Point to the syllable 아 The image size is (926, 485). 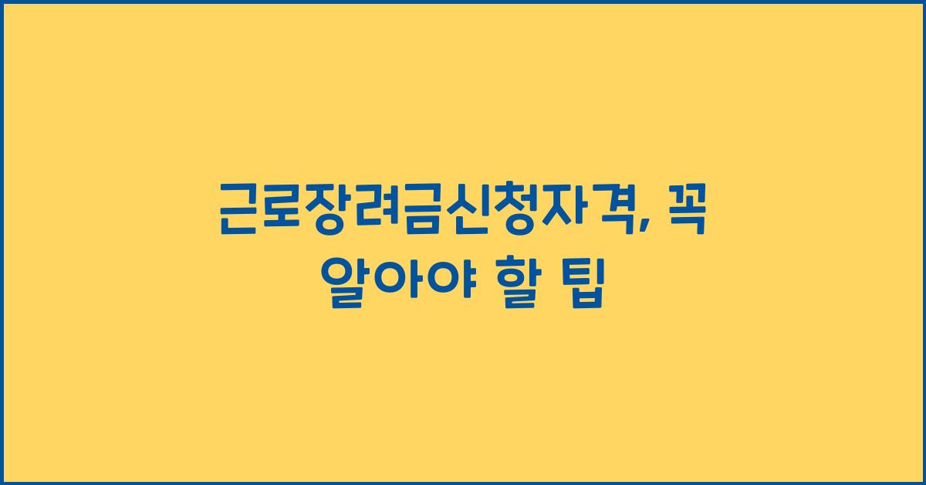[393, 283]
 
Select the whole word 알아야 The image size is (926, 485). [393, 283]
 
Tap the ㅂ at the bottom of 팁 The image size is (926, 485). [586, 297]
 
